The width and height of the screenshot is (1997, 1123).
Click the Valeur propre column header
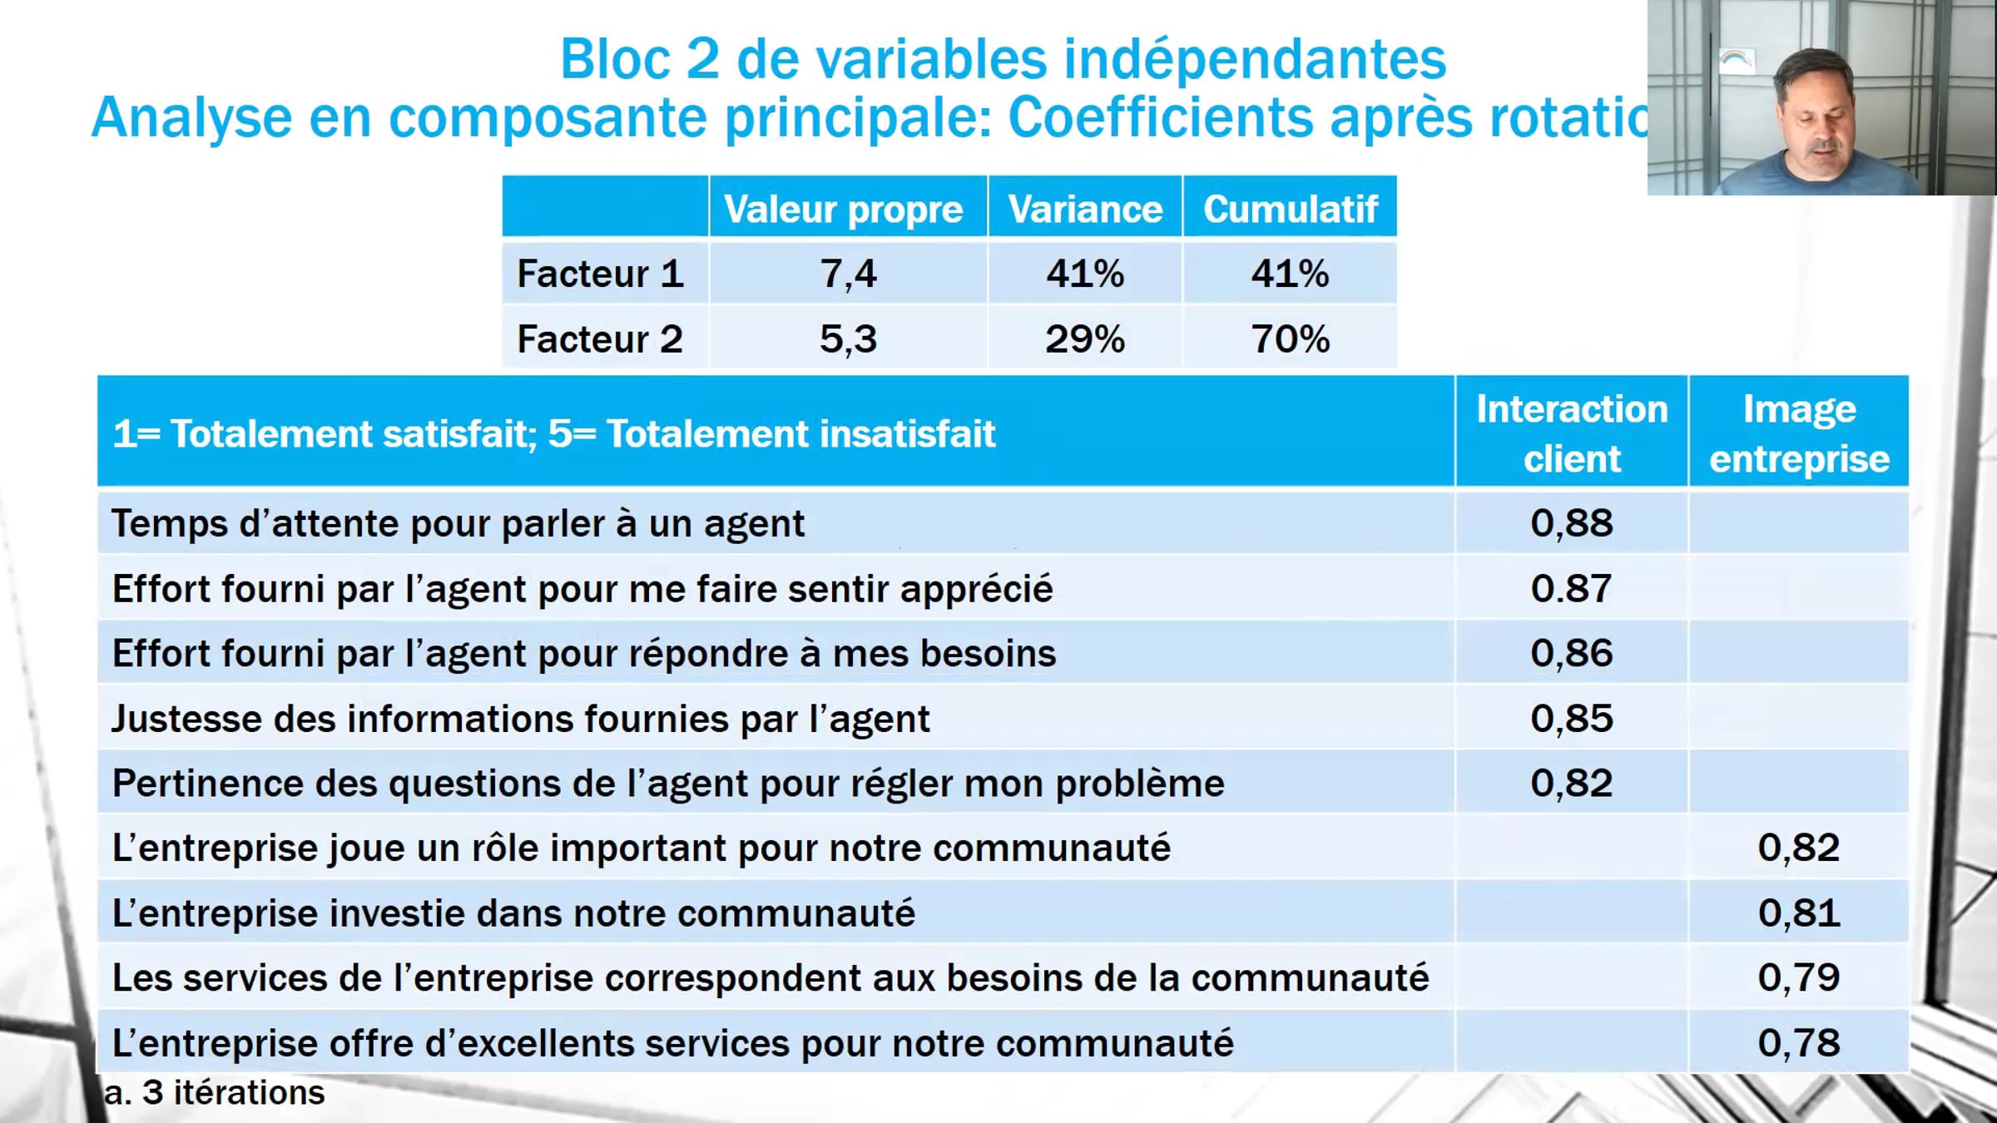843,210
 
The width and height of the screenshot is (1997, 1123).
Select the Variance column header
1085,210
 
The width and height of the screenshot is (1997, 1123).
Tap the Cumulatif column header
1291,210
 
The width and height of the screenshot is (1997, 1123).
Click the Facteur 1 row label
600,274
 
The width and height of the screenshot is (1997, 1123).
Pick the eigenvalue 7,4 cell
848,274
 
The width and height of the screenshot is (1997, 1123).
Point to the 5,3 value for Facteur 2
848,339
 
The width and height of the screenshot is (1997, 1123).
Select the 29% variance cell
1085,339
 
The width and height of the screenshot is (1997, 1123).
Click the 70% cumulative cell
1291,339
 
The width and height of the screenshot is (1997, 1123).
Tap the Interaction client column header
1572,433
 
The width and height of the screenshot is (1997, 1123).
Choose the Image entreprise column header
1799,433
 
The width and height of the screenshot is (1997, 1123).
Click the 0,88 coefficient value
1572,523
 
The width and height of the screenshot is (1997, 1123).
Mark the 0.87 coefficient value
1572,588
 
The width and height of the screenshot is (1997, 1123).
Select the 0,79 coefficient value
1799,977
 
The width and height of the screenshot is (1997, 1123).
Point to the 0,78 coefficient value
1799,1042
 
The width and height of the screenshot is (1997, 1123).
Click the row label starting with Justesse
521,719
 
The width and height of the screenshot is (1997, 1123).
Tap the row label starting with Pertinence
668,784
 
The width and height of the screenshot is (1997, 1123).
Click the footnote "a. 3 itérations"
215,1092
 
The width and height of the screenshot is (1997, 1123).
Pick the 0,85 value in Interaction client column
1572,719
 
